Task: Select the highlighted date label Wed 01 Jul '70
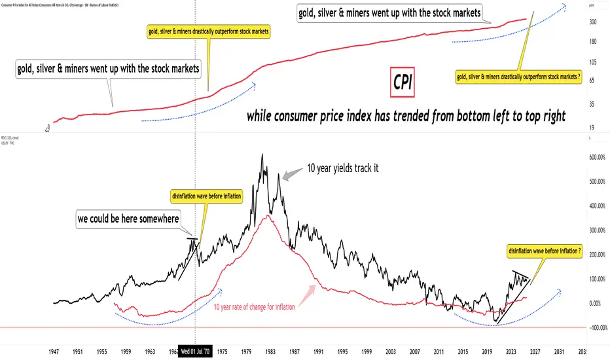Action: point(196,351)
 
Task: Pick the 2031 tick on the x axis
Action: point(560,351)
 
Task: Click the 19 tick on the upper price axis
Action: point(591,128)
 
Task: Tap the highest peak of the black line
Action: point(262,154)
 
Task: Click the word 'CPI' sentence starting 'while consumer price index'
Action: point(406,118)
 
